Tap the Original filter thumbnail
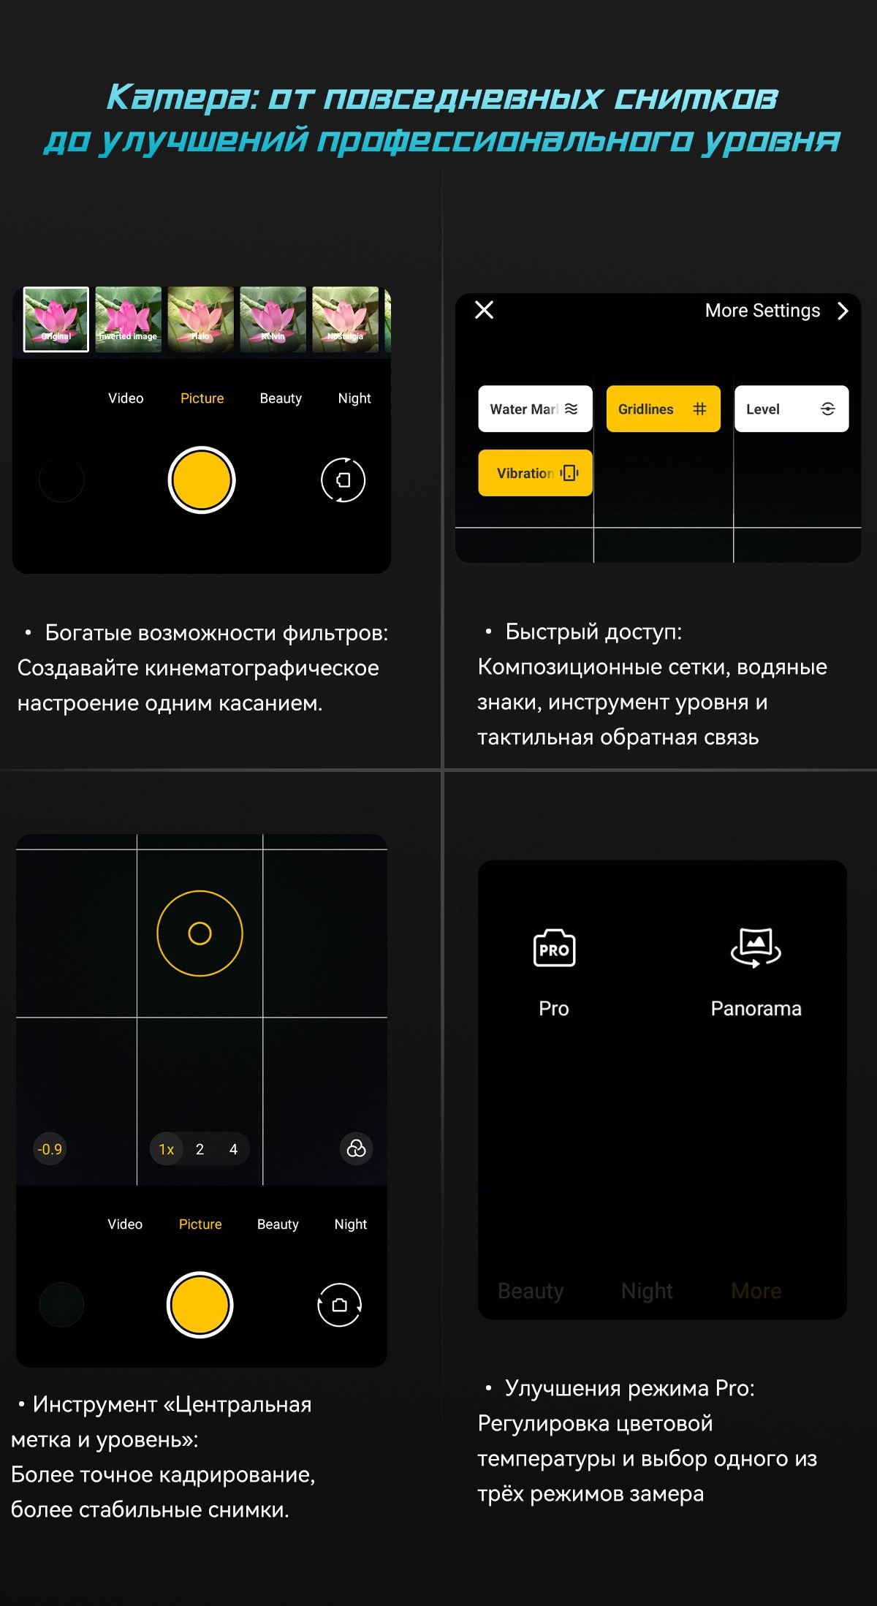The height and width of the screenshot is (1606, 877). pyautogui.click(x=56, y=319)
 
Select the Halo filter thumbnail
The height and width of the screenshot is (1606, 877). pyautogui.click(x=201, y=319)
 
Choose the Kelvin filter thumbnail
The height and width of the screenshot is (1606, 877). pyautogui.click(x=273, y=319)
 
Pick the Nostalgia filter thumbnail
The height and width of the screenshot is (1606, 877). pyautogui.click(x=345, y=319)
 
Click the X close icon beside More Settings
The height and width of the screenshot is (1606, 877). pyautogui.click(x=485, y=310)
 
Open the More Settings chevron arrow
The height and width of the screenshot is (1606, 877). pyautogui.click(x=843, y=311)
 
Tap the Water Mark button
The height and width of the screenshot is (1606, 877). pyautogui.click(x=535, y=409)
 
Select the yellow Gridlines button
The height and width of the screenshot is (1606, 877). pyautogui.click(x=663, y=409)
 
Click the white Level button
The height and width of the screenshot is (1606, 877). pyautogui.click(x=791, y=409)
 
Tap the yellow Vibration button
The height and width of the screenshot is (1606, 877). pyautogui.click(x=535, y=473)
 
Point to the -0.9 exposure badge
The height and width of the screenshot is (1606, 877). pyautogui.click(x=50, y=1149)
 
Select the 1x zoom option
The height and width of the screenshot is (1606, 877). pyautogui.click(x=167, y=1149)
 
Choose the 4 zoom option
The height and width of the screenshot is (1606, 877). pyautogui.click(x=233, y=1149)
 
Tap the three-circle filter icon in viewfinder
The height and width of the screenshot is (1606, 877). pyautogui.click(x=357, y=1149)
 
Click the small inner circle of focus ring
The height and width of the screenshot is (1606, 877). pyautogui.click(x=200, y=933)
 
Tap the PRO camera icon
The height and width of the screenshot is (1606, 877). pyautogui.click(x=554, y=949)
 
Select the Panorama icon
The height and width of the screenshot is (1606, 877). pyautogui.click(x=756, y=947)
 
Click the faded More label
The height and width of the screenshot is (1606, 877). pyautogui.click(x=756, y=1291)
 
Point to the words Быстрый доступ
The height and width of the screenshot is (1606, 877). pyautogui.click(x=593, y=632)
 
